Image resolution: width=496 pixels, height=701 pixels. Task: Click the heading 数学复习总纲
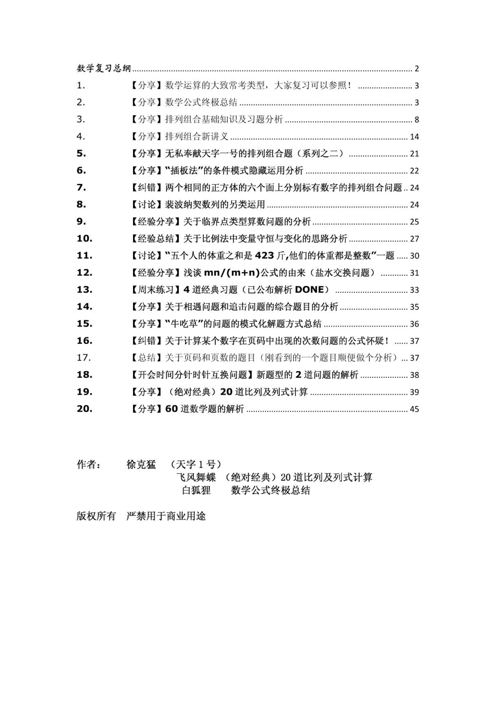tap(104, 68)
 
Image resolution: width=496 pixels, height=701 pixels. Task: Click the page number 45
tap(414, 409)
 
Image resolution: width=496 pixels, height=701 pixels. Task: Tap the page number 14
tap(414, 137)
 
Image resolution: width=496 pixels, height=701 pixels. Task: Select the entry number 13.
tap(84, 290)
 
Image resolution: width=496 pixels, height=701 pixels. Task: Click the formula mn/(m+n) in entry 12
tap(232, 273)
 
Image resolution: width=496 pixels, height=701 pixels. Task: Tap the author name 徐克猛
tap(141, 465)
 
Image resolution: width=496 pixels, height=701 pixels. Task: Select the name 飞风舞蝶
tap(196, 478)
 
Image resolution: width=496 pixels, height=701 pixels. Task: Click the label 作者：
tap(88, 465)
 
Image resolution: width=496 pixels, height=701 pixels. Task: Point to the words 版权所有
tap(96, 516)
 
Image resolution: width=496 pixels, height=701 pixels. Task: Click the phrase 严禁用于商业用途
tap(166, 516)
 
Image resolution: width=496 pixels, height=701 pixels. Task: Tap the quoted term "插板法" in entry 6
tap(184, 171)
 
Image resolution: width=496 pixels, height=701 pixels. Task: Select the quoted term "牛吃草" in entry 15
tap(184, 324)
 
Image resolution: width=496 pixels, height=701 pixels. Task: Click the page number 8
tap(417, 120)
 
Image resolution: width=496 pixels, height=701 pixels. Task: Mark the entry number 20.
tap(84, 409)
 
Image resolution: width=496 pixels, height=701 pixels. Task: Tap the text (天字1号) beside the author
tap(196, 465)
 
